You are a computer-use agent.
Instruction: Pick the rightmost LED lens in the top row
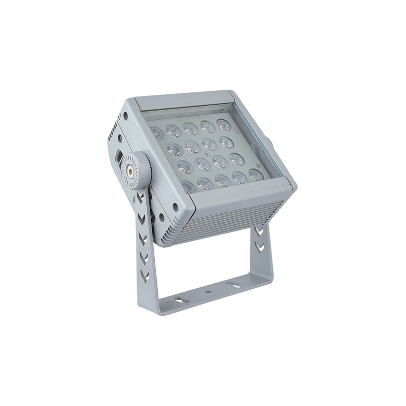(x=224, y=125)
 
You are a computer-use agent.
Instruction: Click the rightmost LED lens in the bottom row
(x=256, y=175)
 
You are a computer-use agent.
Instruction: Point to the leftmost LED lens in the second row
(x=174, y=149)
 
